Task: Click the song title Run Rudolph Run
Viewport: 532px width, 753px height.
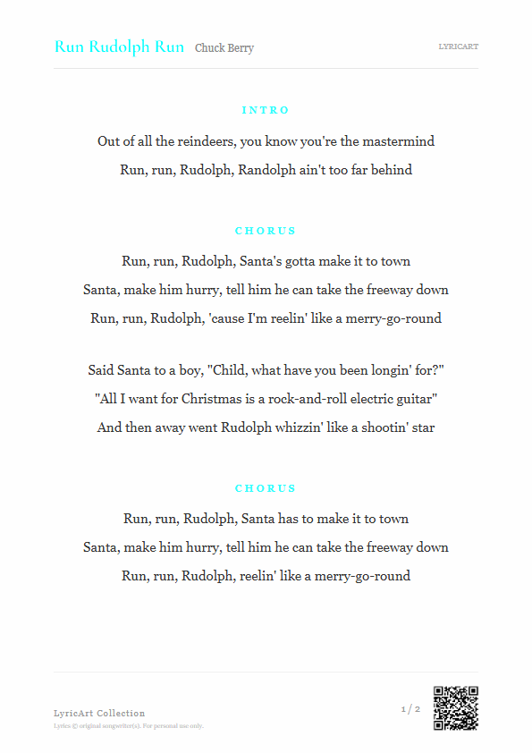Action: click(x=119, y=47)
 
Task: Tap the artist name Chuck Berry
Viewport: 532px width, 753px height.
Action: click(x=224, y=48)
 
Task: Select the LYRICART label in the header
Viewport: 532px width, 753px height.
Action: click(x=458, y=46)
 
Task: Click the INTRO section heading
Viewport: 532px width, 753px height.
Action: click(x=266, y=110)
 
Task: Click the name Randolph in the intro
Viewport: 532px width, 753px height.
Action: click(x=268, y=170)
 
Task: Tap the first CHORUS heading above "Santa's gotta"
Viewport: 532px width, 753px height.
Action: click(x=266, y=231)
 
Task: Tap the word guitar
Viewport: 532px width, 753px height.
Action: click(x=415, y=399)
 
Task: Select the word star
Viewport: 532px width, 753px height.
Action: click(x=421, y=427)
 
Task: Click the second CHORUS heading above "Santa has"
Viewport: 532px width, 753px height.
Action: click(x=266, y=488)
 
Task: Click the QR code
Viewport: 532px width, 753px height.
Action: click(x=456, y=708)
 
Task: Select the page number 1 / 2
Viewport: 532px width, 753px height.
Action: click(x=410, y=709)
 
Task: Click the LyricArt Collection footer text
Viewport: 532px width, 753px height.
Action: click(x=99, y=713)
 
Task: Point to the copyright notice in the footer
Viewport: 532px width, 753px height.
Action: click(x=129, y=726)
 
